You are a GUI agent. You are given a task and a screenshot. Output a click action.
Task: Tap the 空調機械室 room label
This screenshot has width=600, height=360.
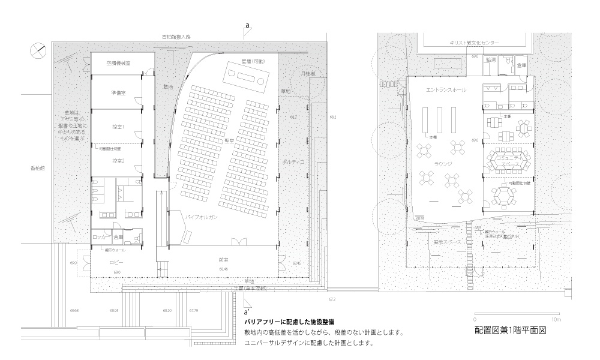(119, 64)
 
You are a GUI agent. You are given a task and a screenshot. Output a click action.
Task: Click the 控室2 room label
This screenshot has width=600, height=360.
(118, 161)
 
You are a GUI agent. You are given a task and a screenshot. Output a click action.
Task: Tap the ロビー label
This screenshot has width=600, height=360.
(116, 263)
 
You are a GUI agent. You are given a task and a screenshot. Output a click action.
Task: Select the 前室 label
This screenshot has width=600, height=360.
(223, 260)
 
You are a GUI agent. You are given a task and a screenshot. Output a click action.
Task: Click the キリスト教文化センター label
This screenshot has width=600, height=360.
(473, 43)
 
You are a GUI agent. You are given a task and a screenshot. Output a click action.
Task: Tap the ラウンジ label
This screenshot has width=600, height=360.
(443, 164)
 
